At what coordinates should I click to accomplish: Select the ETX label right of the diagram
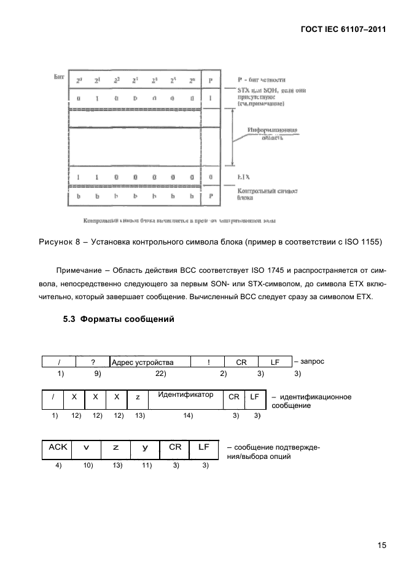pyautogui.click(x=244, y=177)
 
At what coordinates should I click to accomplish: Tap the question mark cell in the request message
pyautogui.click(x=93, y=362)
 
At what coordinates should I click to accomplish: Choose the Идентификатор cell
pyautogui.click(x=185, y=394)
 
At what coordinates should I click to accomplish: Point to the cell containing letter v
pyautogui.click(x=87, y=448)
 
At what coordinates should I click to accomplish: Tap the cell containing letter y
pyautogui.click(x=145, y=448)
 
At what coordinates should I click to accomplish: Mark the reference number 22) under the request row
pyautogui.click(x=161, y=374)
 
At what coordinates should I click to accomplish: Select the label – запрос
pyautogui.click(x=309, y=362)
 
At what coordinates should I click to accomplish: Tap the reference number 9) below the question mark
pyautogui.click(x=97, y=374)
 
